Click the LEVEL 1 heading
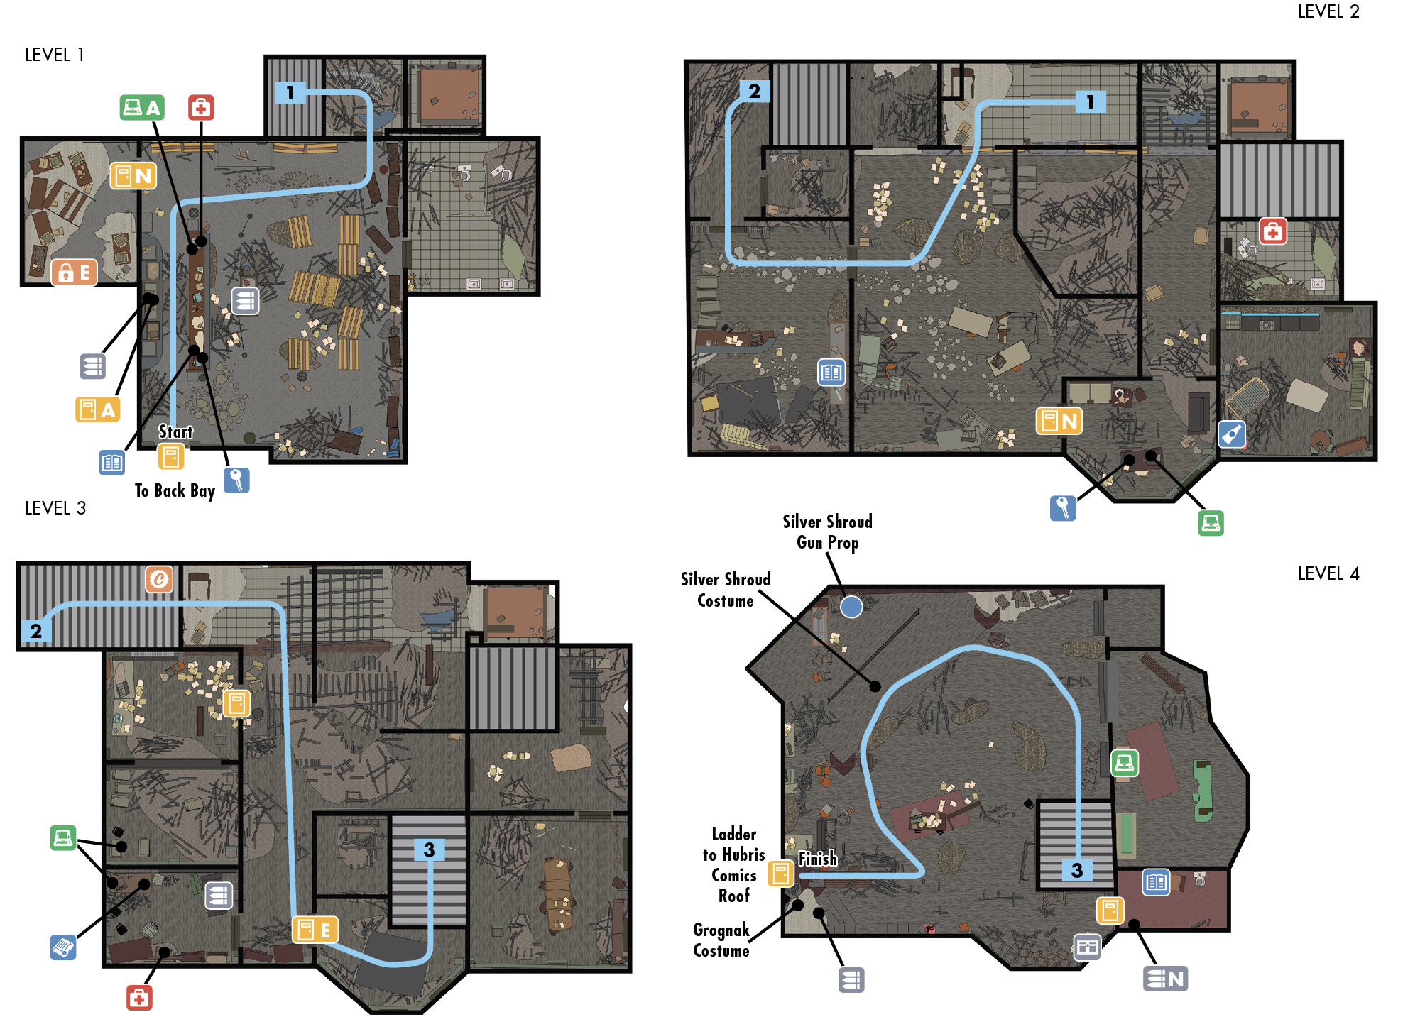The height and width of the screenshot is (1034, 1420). [x=55, y=55]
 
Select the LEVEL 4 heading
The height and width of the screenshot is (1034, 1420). [x=1328, y=573]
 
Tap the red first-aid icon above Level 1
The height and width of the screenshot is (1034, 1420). [x=201, y=107]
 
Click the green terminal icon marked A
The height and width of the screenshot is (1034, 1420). [x=142, y=107]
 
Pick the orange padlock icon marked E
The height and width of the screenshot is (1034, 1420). [x=74, y=272]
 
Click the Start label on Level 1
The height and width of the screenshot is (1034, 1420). [x=175, y=432]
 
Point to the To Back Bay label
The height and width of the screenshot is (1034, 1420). [x=175, y=491]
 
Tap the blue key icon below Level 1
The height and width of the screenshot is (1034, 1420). [x=236, y=480]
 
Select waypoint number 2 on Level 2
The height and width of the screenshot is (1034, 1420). [x=754, y=91]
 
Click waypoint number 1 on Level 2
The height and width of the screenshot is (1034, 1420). [x=1091, y=101]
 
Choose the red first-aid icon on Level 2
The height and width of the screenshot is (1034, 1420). [x=1272, y=231]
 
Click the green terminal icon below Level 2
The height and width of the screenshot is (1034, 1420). [x=1211, y=523]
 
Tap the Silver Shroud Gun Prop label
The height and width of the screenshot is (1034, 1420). [x=827, y=532]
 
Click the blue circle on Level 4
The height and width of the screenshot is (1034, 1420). [x=851, y=607]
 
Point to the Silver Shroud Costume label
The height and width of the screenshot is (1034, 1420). [x=726, y=590]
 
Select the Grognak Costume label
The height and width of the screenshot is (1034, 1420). [x=721, y=940]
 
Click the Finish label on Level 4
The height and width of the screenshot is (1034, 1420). [x=818, y=859]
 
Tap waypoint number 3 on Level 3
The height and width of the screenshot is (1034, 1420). [x=429, y=849]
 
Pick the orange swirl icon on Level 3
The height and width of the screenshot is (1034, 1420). [x=159, y=579]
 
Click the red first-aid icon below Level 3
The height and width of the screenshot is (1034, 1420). [x=139, y=998]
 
